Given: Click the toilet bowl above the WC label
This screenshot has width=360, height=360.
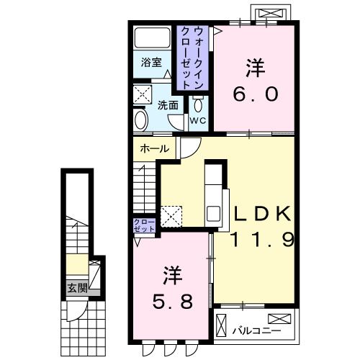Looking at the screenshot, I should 197,102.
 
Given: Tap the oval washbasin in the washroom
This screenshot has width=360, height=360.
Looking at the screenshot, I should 141,119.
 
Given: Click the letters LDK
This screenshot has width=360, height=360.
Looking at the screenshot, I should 260,214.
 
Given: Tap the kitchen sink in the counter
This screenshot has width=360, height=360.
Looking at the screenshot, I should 215,213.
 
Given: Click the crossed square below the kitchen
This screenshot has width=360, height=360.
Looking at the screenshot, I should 171,215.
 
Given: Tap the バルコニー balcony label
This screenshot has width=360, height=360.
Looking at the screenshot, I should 248,332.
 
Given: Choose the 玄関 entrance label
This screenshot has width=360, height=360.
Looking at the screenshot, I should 76,289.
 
